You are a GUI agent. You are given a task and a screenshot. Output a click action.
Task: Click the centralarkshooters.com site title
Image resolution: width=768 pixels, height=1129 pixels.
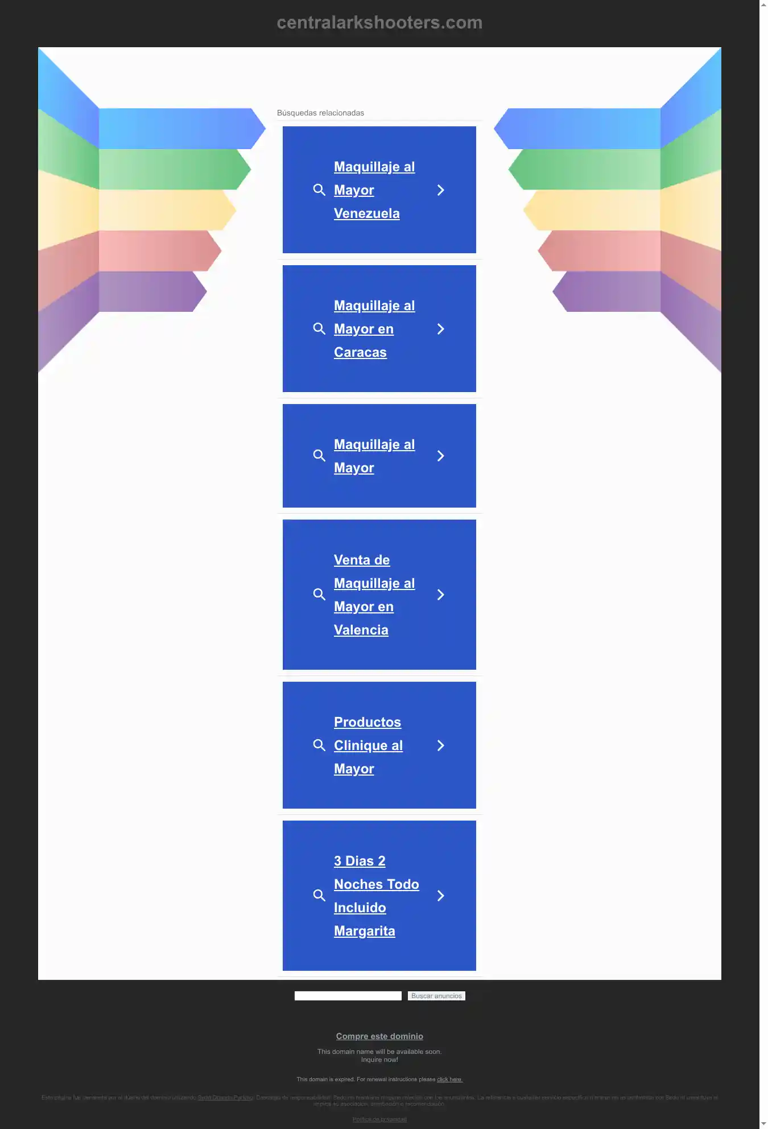(379, 23)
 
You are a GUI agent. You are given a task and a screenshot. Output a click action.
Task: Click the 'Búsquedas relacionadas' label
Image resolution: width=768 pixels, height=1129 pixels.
(320, 113)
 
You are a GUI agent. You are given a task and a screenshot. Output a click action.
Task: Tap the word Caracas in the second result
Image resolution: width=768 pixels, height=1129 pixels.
(360, 353)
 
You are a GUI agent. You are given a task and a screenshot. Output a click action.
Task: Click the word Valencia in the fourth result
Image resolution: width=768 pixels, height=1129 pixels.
(361, 631)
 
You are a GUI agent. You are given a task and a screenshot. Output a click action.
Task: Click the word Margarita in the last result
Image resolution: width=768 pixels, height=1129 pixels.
(364, 932)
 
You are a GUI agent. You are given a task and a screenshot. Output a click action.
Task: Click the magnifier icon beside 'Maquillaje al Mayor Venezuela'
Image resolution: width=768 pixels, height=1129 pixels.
(319, 190)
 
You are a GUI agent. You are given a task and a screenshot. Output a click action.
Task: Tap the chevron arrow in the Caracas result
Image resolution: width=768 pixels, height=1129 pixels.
(440, 329)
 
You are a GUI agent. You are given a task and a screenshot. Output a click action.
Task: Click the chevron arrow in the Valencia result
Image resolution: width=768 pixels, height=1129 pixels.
(440, 595)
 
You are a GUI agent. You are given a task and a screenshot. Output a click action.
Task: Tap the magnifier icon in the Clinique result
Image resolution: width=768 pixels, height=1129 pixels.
(319, 745)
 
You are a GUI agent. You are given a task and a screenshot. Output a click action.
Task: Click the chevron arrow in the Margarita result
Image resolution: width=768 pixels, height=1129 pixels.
(440, 896)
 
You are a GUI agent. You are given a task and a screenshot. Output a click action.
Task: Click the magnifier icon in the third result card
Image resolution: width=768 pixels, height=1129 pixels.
(319, 456)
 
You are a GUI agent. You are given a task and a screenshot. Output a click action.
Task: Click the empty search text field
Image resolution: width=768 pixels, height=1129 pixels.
(348, 996)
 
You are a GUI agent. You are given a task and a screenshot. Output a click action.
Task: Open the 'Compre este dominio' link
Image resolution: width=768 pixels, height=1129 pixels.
(379, 1036)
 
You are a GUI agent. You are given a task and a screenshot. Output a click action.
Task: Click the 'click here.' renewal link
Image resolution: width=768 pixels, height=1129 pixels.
(449, 1079)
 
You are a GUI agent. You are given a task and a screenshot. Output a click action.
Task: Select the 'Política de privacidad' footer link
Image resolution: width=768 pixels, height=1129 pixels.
(379, 1119)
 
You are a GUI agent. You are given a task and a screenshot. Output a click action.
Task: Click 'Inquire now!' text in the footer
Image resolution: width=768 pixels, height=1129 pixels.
(379, 1060)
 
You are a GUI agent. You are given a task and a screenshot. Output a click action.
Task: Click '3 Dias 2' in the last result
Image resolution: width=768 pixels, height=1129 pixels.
(360, 862)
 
